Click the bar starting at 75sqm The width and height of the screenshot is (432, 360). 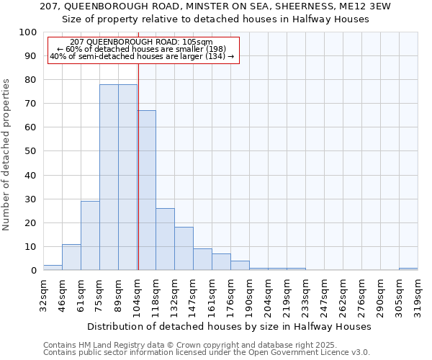(109, 177)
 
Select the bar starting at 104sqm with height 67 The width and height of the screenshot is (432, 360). (147, 190)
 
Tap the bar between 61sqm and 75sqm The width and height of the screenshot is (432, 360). (90, 235)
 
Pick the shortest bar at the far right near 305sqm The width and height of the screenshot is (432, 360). (408, 269)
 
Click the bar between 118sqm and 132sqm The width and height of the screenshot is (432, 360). (165, 239)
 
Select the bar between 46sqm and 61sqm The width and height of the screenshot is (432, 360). (71, 257)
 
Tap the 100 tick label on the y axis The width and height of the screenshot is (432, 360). (28, 32)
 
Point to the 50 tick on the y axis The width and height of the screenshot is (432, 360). (31, 151)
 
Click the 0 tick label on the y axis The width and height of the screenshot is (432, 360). (34, 271)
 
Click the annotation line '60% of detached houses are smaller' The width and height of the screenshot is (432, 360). (141, 49)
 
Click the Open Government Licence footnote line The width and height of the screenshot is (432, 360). (207, 352)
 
